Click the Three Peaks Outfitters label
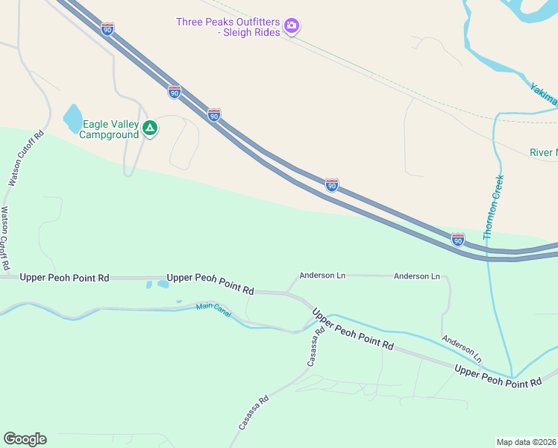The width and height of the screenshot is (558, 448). click(x=228, y=22)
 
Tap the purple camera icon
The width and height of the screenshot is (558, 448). click(x=292, y=27)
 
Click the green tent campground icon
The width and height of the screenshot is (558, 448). click(x=150, y=129)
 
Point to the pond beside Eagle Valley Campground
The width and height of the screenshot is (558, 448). click(x=73, y=118)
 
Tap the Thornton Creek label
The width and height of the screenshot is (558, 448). click(x=493, y=208)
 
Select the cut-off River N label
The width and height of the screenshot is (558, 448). click(x=543, y=153)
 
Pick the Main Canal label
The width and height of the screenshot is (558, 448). click(x=214, y=307)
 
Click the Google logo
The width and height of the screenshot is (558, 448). click(x=25, y=439)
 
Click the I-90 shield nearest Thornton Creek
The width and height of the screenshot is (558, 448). click(x=458, y=239)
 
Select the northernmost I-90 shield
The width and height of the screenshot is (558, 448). click(x=107, y=29)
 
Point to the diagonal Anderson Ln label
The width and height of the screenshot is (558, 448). click(x=461, y=349)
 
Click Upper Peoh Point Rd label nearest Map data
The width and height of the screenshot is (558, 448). click(x=498, y=377)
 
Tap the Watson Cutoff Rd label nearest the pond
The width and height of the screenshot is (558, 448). click(x=27, y=159)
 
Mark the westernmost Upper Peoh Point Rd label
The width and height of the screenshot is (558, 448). click(x=64, y=278)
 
